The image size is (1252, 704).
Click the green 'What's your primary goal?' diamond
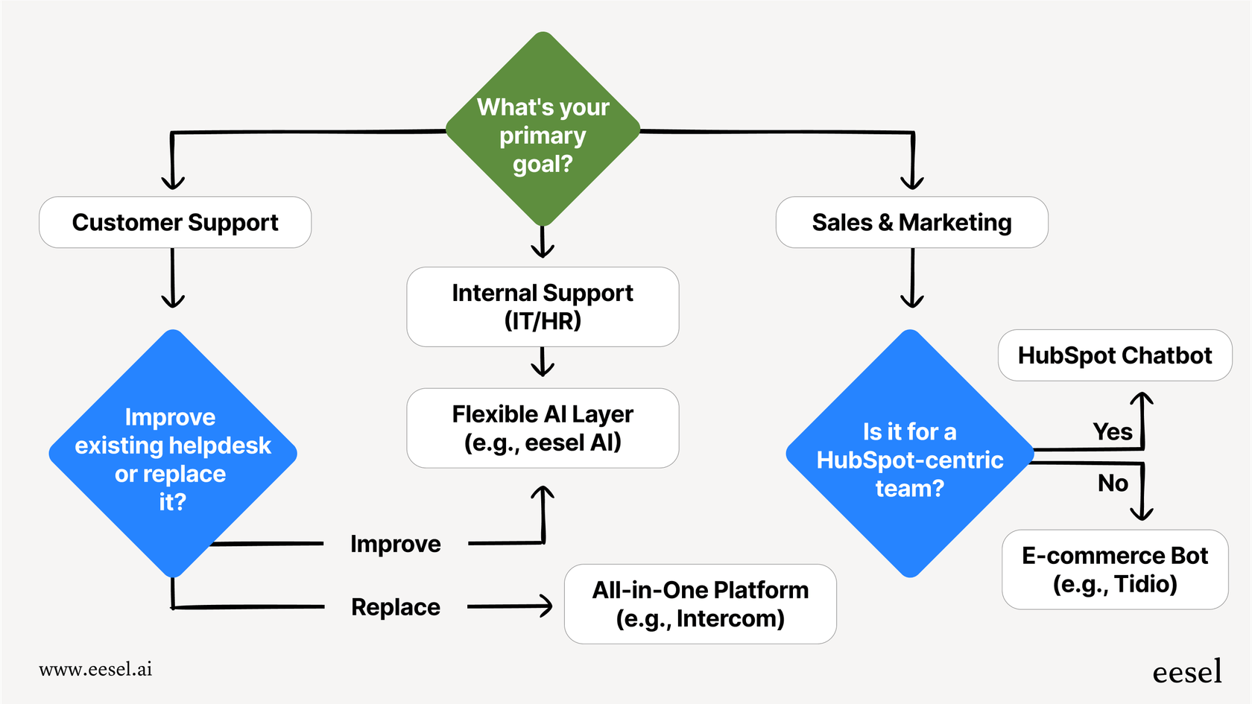pos(543,130)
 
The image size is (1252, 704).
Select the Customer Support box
pos(175,222)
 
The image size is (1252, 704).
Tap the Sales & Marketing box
pos(911,222)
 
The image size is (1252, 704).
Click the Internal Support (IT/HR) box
pos(543,306)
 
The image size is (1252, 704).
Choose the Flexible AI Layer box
pos(543,428)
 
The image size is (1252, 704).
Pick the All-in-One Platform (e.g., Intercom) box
pos(700,603)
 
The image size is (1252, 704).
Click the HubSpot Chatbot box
pos(1115,355)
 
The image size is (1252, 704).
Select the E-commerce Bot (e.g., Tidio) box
pos(1115,569)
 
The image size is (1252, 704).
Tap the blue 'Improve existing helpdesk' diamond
pos(173,454)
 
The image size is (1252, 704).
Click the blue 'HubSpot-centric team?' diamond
pos(910,454)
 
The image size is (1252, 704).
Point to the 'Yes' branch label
pos(1113,431)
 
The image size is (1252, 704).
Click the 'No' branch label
pos(1113,483)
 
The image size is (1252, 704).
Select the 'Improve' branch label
pos(396,544)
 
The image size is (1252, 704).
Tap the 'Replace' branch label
pos(396,607)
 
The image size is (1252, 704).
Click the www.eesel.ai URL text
pos(95,669)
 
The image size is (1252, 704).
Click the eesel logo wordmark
pos(1187,671)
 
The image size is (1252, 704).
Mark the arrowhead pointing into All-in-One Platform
pos(547,606)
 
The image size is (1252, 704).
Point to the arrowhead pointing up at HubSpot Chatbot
pos(1142,399)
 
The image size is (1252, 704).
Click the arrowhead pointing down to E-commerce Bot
pos(1142,513)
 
